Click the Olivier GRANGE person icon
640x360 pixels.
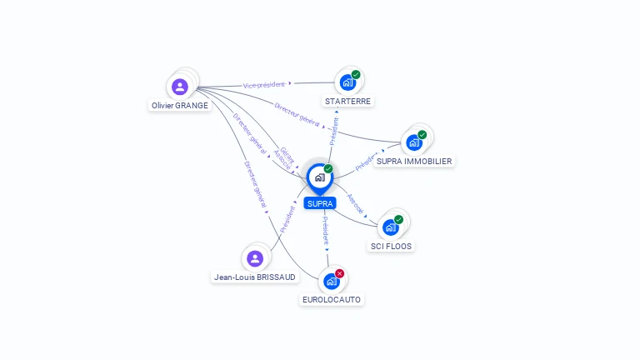pyautogui.click(x=180, y=87)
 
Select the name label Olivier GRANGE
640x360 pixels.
pyautogui.click(x=180, y=106)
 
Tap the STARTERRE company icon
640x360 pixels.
pyautogui.click(x=347, y=82)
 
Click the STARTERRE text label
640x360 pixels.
pyautogui.click(x=348, y=101)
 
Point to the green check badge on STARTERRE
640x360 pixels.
pyautogui.click(x=356, y=75)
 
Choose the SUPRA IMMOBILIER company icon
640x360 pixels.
pyautogui.click(x=413, y=142)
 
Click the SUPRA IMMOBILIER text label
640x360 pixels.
pyautogui.click(x=414, y=161)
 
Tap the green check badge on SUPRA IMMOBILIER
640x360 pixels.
pyautogui.click(x=422, y=135)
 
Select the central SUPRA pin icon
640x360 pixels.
pyautogui.click(x=319, y=177)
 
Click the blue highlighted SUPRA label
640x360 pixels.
pyautogui.click(x=320, y=203)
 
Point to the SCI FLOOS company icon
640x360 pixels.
pyautogui.click(x=390, y=227)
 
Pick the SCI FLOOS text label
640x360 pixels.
pyautogui.click(x=391, y=246)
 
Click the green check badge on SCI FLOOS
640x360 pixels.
pyautogui.click(x=398, y=220)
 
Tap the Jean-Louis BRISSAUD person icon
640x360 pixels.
pyautogui.click(x=255, y=258)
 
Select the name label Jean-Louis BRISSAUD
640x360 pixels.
pyautogui.click(x=255, y=277)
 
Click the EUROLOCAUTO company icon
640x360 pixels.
pyautogui.click(x=332, y=281)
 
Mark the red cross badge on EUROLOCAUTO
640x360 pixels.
pyautogui.click(x=340, y=273)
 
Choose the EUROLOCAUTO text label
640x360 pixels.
pyautogui.click(x=332, y=299)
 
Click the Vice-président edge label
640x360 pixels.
pyautogui.click(x=264, y=84)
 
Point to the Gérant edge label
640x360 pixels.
pyautogui.click(x=287, y=154)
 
